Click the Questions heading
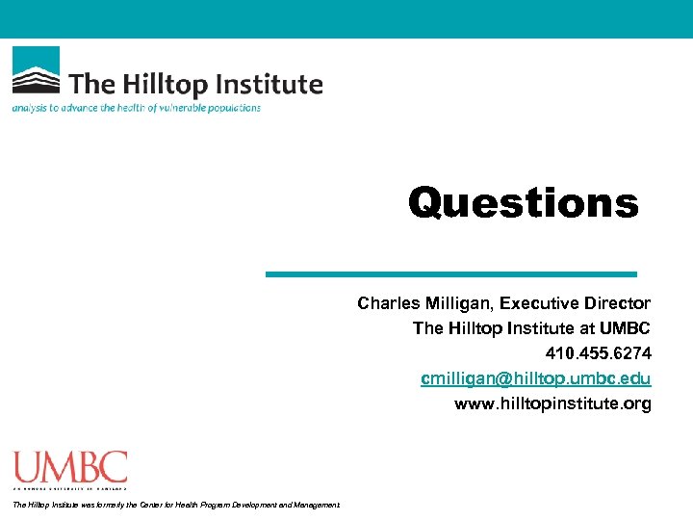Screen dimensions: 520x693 [x=523, y=203]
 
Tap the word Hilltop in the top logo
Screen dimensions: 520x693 [x=165, y=84]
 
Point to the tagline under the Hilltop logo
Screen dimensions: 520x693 [x=136, y=108]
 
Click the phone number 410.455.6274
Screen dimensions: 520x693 [x=598, y=353]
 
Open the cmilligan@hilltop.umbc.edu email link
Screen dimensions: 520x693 [x=535, y=378]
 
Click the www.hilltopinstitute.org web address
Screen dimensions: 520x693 [x=552, y=403]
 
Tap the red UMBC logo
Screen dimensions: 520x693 [x=69, y=470]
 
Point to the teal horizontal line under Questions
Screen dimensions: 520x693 [x=450, y=274]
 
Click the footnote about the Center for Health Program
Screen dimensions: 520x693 [x=175, y=505]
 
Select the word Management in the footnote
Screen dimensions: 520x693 [x=317, y=505]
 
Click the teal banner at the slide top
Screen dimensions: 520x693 [x=346, y=18]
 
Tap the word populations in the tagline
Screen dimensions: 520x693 [x=231, y=108]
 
